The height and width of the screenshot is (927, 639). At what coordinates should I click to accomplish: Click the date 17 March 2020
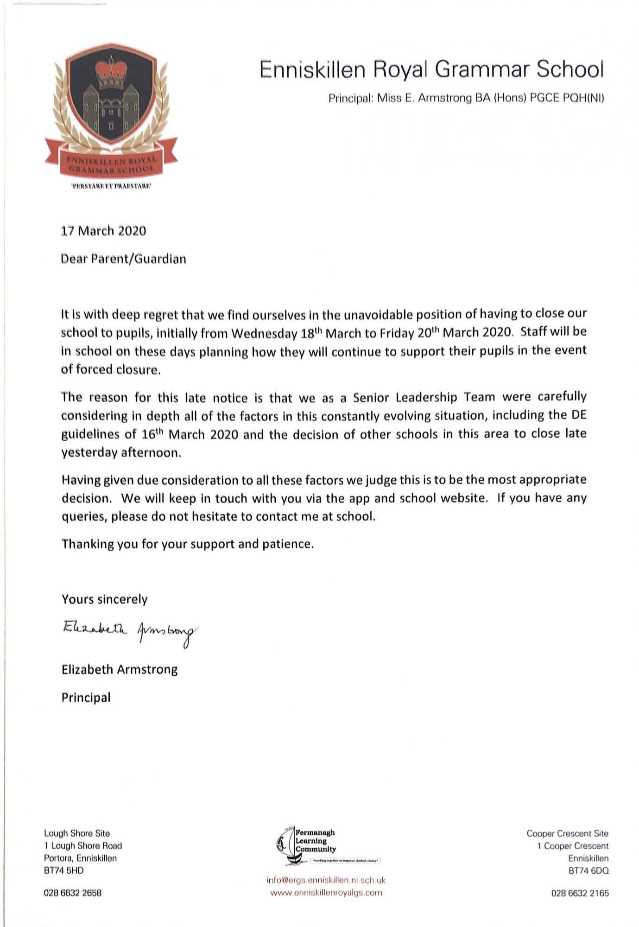click(x=103, y=231)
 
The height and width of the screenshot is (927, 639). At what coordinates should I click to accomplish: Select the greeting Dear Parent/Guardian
click(x=123, y=259)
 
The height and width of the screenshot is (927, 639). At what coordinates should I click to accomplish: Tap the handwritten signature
click(x=130, y=631)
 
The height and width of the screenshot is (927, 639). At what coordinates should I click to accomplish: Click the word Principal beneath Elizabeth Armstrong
click(x=86, y=698)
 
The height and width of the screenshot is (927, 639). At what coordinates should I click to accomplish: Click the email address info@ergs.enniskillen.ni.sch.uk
click(x=326, y=880)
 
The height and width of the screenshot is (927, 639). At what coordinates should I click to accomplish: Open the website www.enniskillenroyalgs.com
click(x=326, y=893)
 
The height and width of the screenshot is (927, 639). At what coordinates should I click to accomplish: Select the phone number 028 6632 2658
click(x=73, y=893)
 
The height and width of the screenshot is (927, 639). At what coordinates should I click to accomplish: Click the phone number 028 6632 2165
click(x=580, y=893)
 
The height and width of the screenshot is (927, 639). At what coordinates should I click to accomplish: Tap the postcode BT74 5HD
click(x=64, y=870)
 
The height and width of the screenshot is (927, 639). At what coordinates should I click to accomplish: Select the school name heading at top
click(x=431, y=70)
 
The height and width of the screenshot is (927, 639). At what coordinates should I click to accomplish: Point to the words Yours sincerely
click(x=105, y=599)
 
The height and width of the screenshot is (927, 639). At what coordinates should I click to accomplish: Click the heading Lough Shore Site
click(x=77, y=833)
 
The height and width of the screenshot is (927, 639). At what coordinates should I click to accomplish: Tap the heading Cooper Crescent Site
click(x=567, y=833)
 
